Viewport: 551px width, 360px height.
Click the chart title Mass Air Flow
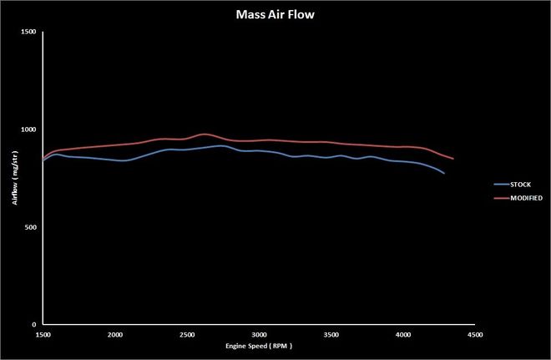point(275,13)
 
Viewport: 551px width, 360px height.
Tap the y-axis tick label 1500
point(28,32)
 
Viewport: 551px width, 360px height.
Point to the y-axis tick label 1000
point(28,129)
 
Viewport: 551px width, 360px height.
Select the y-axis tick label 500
point(30,227)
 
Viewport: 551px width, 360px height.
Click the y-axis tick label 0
point(34,325)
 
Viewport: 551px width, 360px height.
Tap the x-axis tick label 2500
point(187,334)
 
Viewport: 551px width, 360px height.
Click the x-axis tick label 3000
point(259,334)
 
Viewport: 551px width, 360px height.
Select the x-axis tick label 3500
point(331,334)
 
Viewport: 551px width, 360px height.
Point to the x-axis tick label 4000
point(403,334)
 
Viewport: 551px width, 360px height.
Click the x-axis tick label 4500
point(475,334)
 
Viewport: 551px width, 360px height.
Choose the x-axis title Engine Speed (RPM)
point(259,345)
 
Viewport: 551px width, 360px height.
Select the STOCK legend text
point(520,184)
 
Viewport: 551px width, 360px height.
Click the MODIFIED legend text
point(525,198)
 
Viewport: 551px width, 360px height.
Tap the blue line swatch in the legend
point(499,184)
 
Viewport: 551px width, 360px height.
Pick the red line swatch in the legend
point(499,198)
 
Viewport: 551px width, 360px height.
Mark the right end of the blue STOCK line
point(444,174)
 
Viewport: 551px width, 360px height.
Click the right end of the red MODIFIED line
point(453,159)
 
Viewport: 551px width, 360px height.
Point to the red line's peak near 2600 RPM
point(205,134)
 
